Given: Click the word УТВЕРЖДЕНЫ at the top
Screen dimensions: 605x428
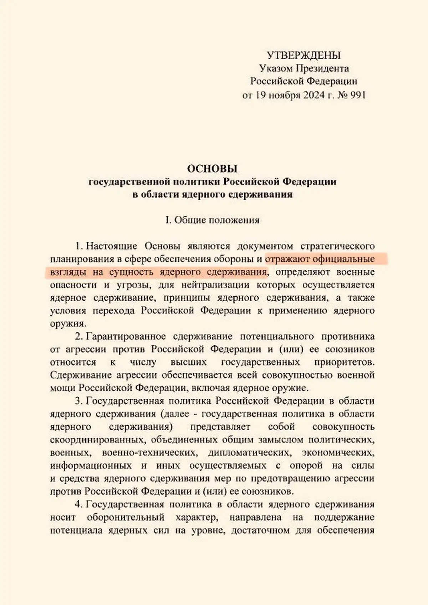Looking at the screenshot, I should click(304, 55).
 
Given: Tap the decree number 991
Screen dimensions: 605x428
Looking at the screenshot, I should click(357, 95).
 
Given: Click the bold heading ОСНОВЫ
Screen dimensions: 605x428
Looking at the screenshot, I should click(212, 168).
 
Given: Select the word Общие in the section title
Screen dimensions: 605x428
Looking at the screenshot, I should click(190, 220).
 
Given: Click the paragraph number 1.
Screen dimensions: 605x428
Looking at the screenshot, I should click(78, 246).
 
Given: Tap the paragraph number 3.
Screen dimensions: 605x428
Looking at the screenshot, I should click(78, 401).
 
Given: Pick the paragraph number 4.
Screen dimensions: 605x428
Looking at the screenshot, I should click(78, 504).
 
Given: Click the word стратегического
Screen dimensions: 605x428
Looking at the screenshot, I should click(337, 246).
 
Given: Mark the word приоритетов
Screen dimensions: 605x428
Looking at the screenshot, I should click(344, 362).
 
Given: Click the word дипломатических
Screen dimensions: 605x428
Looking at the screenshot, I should click(248, 452).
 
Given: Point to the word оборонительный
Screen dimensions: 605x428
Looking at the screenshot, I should click(126, 517).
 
